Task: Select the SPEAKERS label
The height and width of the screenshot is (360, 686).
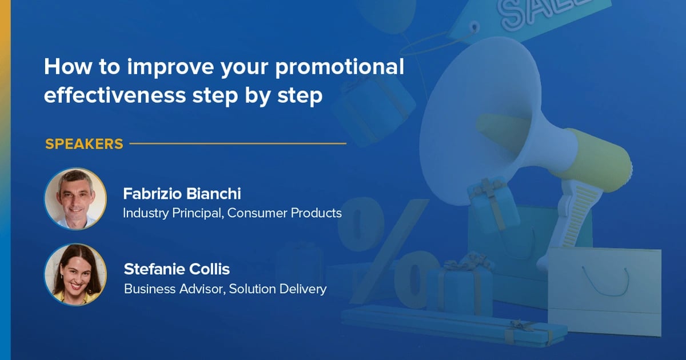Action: pyautogui.click(x=84, y=144)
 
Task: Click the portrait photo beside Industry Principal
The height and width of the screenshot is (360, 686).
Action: pyautogui.click(x=75, y=198)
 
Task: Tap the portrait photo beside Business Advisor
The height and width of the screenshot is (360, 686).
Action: pyautogui.click(x=75, y=274)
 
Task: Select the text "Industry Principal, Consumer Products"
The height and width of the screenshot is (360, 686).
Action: pyautogui.click(x=232, y=213)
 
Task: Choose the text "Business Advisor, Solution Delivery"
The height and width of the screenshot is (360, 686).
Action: pyautogui.click(x=225, y=289)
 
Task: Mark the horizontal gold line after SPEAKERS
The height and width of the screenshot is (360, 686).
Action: pyautogui.click(x=238, y=143)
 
